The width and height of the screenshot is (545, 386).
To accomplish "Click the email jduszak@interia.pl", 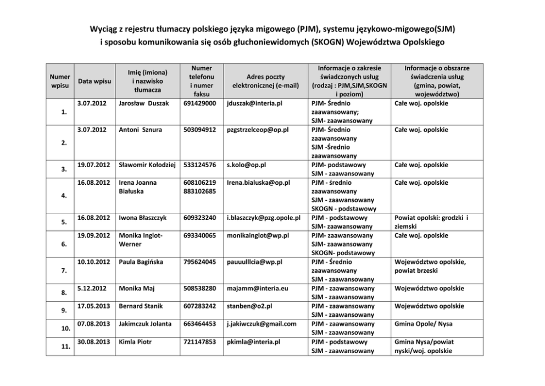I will (x=254, y=103).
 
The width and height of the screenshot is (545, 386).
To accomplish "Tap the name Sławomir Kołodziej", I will (x=147, y=165).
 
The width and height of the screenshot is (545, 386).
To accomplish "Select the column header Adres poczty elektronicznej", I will (x=265, y=81).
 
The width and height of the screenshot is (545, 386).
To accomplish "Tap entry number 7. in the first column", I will (x=64, y=271).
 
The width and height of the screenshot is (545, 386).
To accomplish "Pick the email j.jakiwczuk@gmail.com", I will (x=262, y=324).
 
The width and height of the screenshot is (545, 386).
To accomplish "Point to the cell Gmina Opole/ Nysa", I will (x=423, y=324).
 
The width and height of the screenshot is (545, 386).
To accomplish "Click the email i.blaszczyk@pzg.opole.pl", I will (x=263, y=218).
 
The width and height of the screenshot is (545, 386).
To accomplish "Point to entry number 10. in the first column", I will (x=64, y=329).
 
